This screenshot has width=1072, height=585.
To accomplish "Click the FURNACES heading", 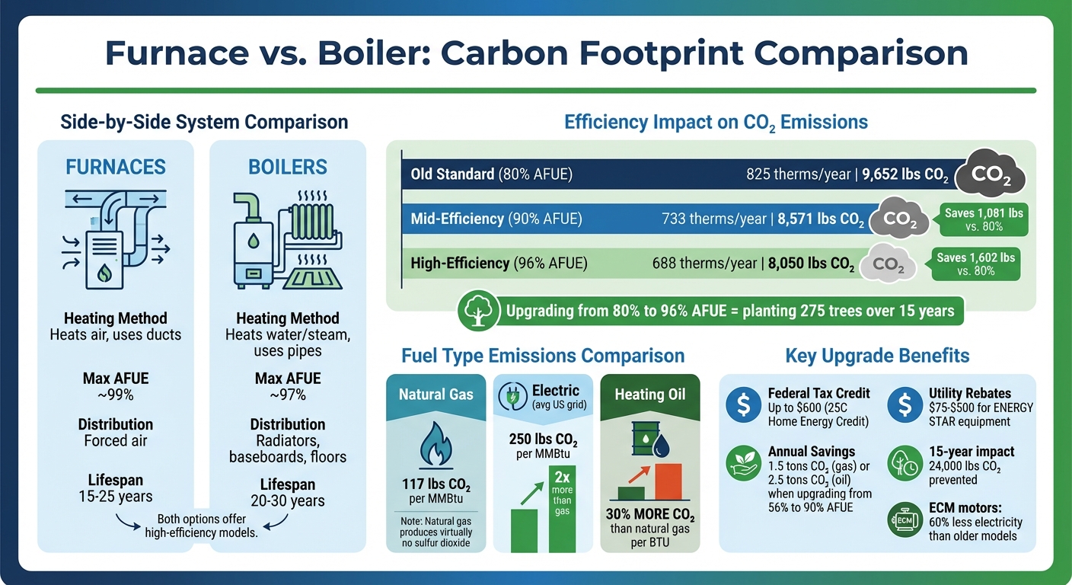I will pos(116,166).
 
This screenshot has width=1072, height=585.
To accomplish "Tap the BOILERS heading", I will pos(288,166).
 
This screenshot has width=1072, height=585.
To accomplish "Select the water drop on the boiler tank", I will pos(252,240).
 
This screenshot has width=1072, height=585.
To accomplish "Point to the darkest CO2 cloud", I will pos(988,173).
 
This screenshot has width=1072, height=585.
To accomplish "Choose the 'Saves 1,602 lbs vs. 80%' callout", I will pos(975,264).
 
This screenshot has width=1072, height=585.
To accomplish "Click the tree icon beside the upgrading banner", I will pos(477,311).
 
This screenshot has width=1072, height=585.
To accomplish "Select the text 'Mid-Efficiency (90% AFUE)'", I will pos(496,219).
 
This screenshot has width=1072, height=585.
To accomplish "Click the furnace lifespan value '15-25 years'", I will pos(116,497).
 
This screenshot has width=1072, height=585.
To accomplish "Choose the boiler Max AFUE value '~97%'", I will pos(288,395).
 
